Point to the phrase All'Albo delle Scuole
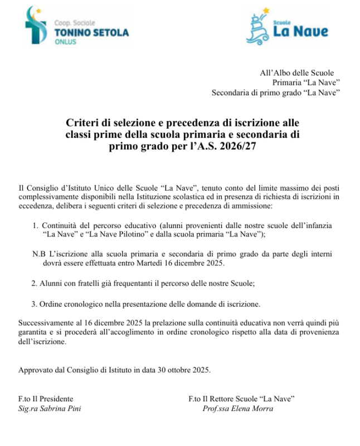[x=296, y=72]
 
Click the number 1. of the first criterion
[x=36, y=225]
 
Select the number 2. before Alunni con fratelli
[x=35, y=283]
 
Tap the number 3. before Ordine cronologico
[x=35, y=304]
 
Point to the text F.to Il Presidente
[x=46, y=399]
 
